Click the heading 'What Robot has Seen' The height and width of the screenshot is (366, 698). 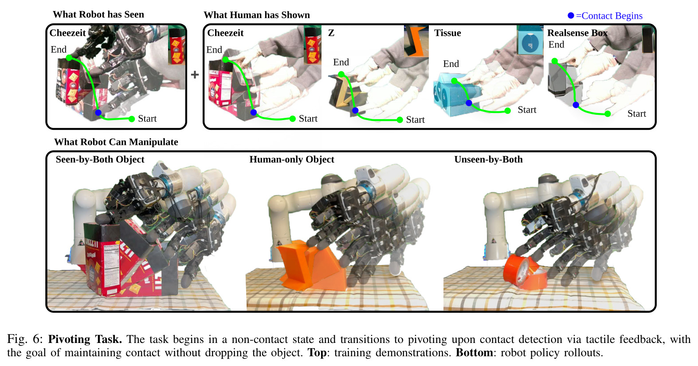pos(98,14)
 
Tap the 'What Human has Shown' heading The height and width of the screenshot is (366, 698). pos(257,15)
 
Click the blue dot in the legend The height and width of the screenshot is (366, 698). pos(571,16)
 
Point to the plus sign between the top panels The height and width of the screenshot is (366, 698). pos(195,75)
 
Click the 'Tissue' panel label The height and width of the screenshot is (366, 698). pos(447,33)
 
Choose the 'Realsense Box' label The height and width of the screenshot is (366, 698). pos(577,33)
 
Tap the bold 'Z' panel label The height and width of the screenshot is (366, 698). pos(331,33)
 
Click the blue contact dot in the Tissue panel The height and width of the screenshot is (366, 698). pos(469,103)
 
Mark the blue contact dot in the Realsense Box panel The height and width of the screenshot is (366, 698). pos(576,105)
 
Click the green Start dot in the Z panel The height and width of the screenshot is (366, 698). pos(400,120)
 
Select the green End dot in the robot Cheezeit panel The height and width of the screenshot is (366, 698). pos(69,58)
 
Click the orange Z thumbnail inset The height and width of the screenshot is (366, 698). pos(416,41)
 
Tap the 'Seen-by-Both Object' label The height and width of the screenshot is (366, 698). pos(100,160)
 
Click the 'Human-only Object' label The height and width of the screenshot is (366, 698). pos(292,160)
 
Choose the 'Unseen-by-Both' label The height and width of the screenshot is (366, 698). pos(488,160)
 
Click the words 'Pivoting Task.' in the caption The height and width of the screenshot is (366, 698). pos(85,339)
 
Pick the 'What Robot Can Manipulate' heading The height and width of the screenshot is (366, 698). pos(116,142)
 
